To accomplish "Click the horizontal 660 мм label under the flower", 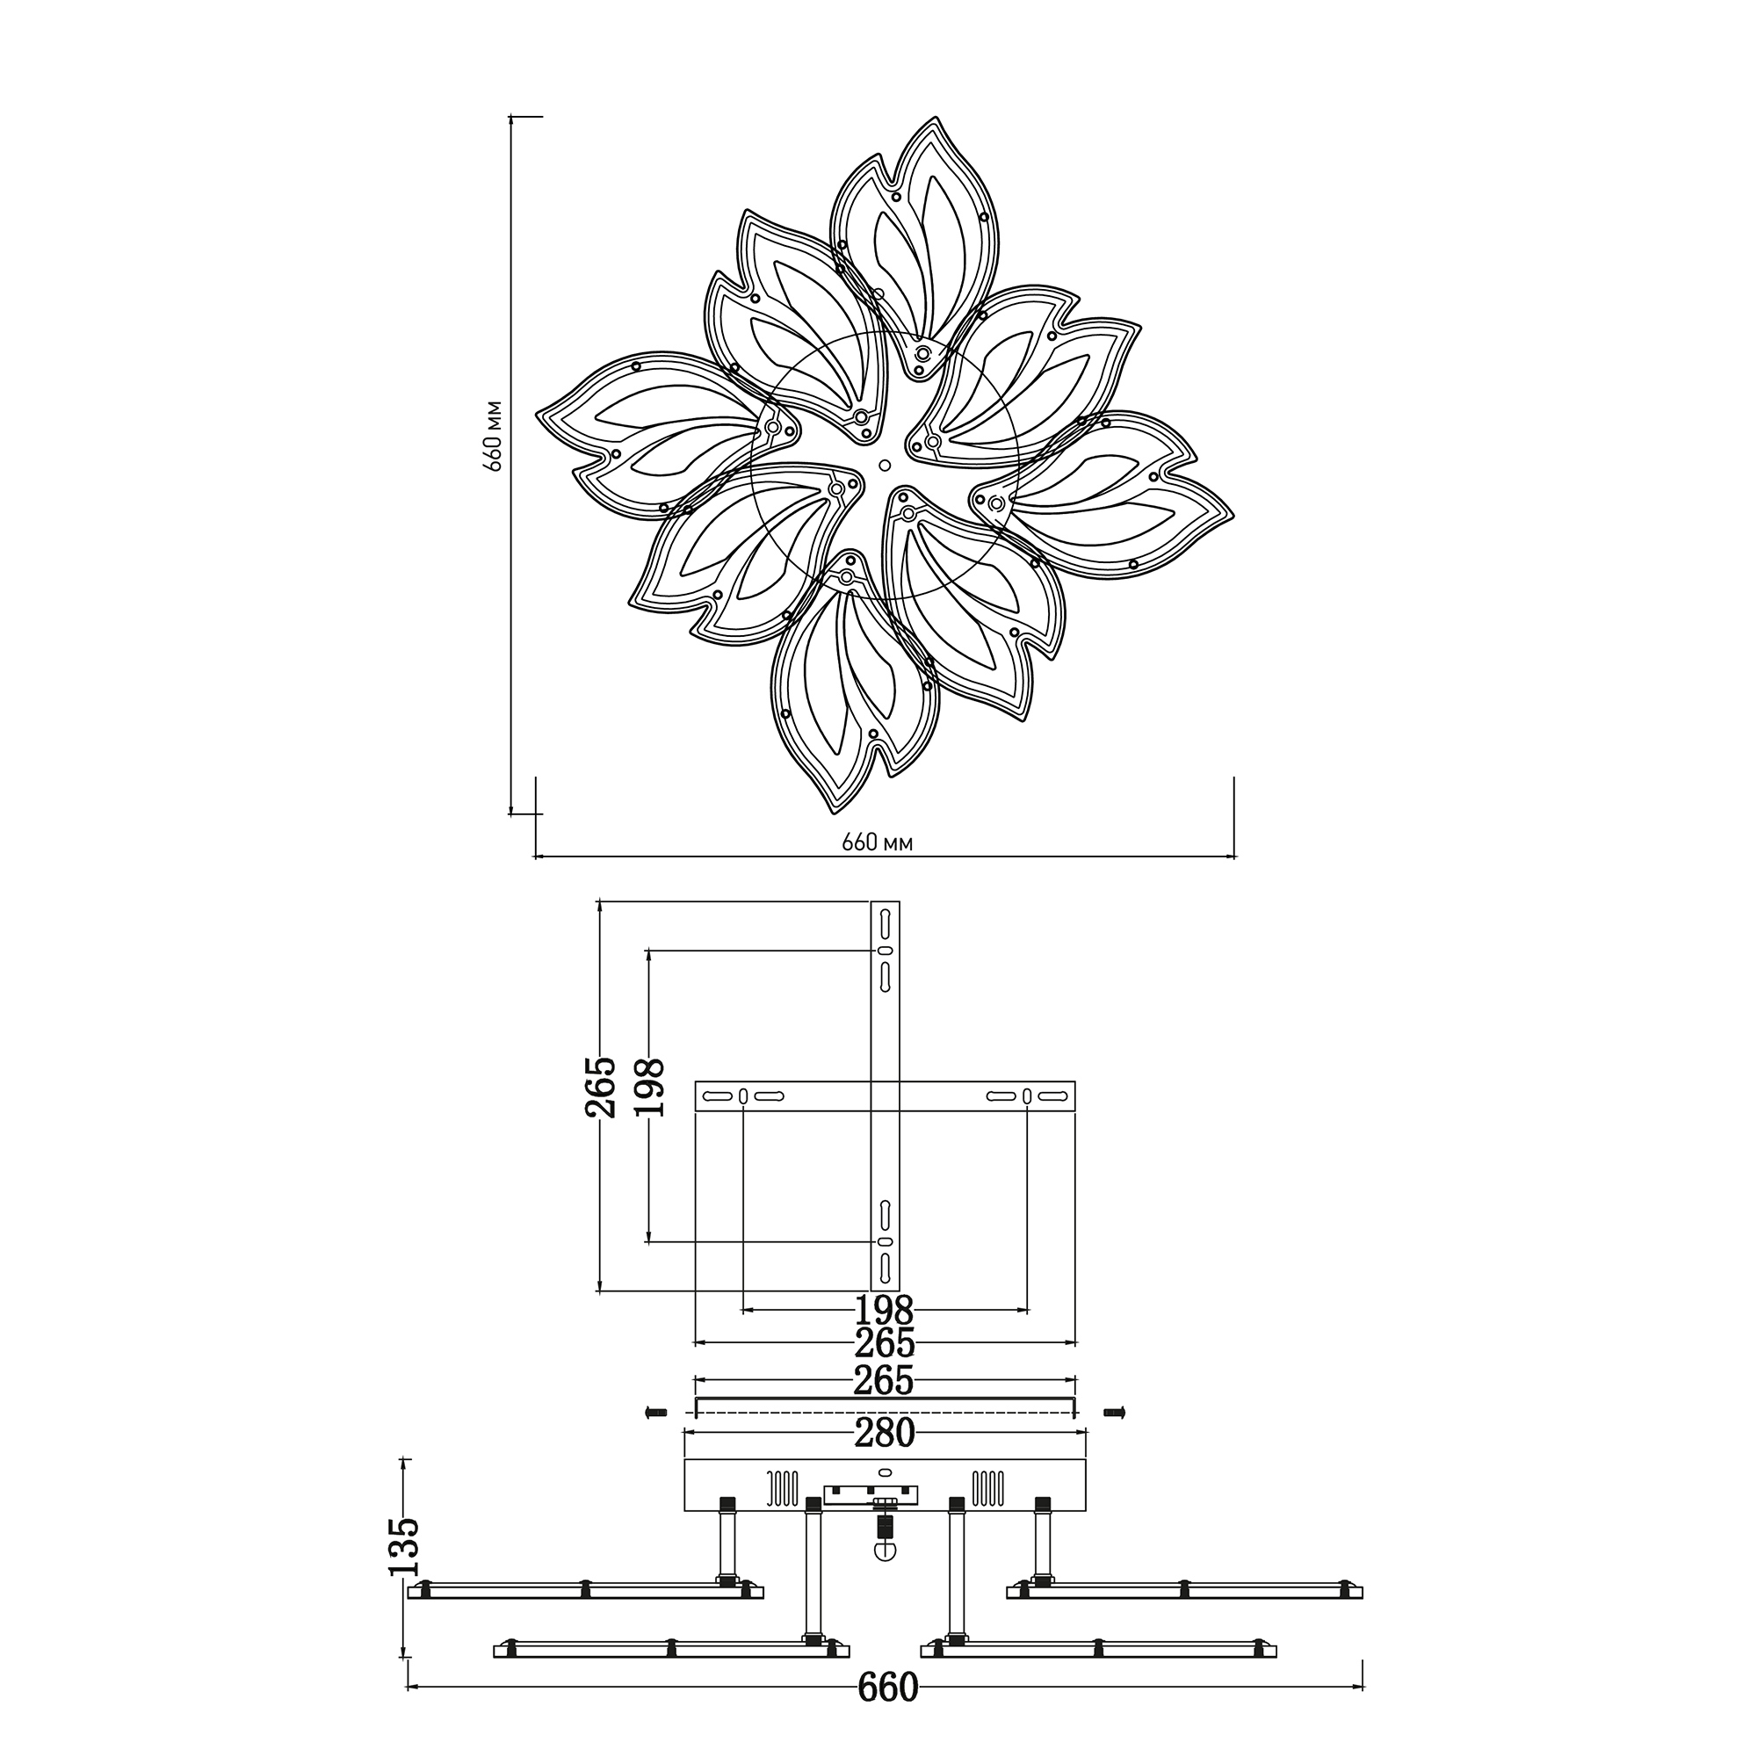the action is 878,843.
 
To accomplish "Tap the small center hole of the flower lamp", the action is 885,466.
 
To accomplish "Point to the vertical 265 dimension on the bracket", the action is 601,1087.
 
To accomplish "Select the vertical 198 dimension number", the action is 649,1087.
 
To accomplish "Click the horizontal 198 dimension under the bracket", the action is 885,1311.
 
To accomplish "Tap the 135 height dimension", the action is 402,1547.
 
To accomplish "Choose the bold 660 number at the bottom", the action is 887,1688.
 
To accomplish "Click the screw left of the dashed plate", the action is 654,1413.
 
